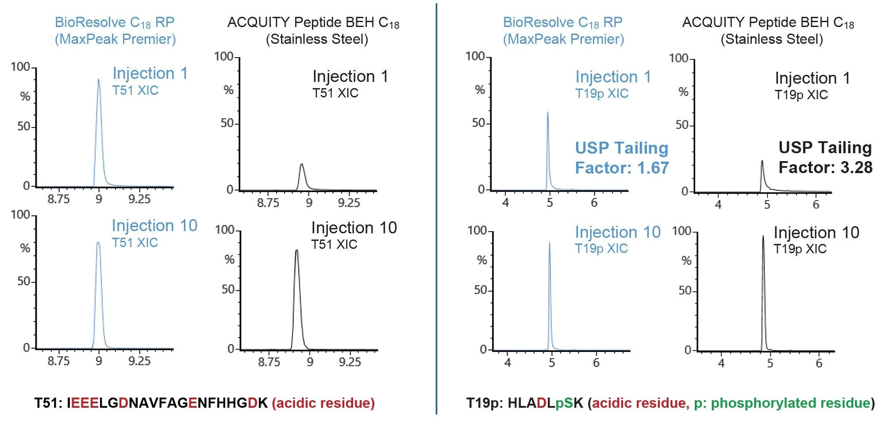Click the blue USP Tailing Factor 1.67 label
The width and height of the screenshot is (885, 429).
[621, 158]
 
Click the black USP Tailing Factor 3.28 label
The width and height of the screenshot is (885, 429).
[825, 158]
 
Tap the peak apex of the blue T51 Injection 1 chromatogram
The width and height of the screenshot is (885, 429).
[98, 80]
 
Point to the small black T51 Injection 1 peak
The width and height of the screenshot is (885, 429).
[302, 165]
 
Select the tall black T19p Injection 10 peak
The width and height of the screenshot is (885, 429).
[763, 237]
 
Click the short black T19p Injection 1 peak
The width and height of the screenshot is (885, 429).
[762, 162]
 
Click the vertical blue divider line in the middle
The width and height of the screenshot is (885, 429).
[436, 208]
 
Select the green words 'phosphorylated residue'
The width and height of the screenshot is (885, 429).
[790, 403]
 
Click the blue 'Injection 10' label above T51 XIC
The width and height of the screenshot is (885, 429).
[154, 226]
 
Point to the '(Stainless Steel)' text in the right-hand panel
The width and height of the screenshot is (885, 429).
[772, 39]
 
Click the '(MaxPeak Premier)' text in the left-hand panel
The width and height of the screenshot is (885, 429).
[115, 39]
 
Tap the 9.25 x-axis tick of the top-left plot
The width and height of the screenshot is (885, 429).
[139, 199]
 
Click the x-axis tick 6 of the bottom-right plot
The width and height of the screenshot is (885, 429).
[819, 363]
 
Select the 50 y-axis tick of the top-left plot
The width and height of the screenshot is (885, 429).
[24, 127]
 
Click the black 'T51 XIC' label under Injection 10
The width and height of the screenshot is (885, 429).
[334, 244]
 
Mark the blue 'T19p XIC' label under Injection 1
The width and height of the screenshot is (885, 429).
[602, 94]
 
